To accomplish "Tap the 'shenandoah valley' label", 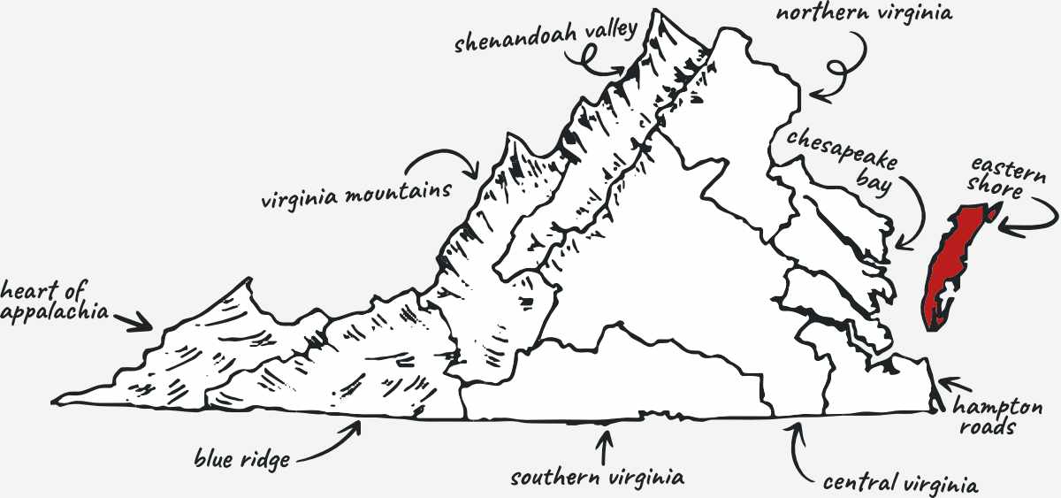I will tap(546, 38).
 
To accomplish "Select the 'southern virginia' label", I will tap(598, 479).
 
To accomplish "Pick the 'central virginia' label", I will tap(899, 484).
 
